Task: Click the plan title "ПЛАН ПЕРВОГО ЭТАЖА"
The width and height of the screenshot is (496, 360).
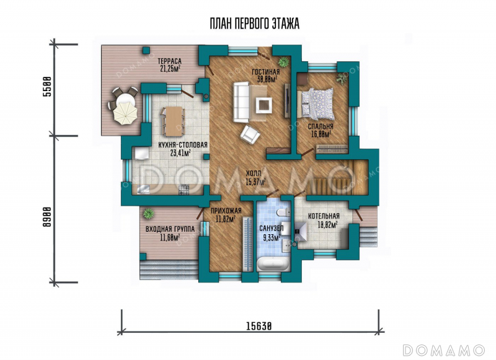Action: click(x=255, y=24)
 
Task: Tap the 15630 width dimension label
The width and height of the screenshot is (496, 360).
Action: click(x=259, y=326)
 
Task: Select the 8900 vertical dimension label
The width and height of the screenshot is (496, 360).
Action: click(x=47, y=217)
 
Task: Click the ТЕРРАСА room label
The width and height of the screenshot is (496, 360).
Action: click(x=169, y=61)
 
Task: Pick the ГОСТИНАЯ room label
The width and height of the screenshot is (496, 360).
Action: click(x=266, y=72)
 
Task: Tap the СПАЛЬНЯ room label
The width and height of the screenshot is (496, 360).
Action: click(x=321, y=127)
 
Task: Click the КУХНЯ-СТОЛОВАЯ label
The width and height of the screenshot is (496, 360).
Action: click(x=183, y=145)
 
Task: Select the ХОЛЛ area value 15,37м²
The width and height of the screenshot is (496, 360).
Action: click(x=255, y=182)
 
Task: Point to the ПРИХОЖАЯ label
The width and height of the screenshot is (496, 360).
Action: click(x=226, y=211)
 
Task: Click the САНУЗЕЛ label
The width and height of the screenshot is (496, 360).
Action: click(x=272, y=228)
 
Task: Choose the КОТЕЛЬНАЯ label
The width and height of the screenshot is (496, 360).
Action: click(x=324, y=216)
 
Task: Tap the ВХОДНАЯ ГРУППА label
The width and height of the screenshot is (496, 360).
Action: click(x=170, y=229)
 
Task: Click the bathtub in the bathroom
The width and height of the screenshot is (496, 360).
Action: click(x=273, y=263)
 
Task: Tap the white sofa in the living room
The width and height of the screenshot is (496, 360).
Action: click(x=241, y=102)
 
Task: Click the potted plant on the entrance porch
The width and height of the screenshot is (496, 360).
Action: click(x=148, y=214)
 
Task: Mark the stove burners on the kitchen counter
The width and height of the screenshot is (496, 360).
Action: click(x=184, y=190)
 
